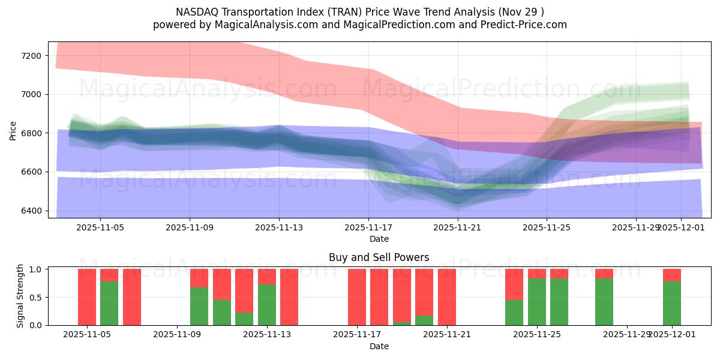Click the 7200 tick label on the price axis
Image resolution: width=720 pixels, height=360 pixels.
[31, 56]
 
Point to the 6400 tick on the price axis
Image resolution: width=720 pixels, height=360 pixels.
[31, 211]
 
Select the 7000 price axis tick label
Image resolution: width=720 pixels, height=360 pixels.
[31, 94]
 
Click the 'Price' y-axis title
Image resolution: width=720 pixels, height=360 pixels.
[13, 130]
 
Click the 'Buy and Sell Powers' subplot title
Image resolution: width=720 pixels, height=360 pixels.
[379, 257]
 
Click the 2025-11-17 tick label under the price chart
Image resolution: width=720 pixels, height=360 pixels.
[368, 227]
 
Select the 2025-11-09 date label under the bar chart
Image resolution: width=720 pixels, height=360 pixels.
[178, 335]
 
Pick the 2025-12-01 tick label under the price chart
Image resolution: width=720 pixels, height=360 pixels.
[681, 227]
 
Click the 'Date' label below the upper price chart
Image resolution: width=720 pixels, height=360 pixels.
[379, 239]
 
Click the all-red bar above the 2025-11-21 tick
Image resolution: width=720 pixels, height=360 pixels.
[447, 297]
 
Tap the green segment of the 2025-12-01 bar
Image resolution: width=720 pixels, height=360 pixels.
[672, 304]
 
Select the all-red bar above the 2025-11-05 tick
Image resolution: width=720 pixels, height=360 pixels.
[87, 297]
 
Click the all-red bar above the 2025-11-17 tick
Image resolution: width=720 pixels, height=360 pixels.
[357, 297]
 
